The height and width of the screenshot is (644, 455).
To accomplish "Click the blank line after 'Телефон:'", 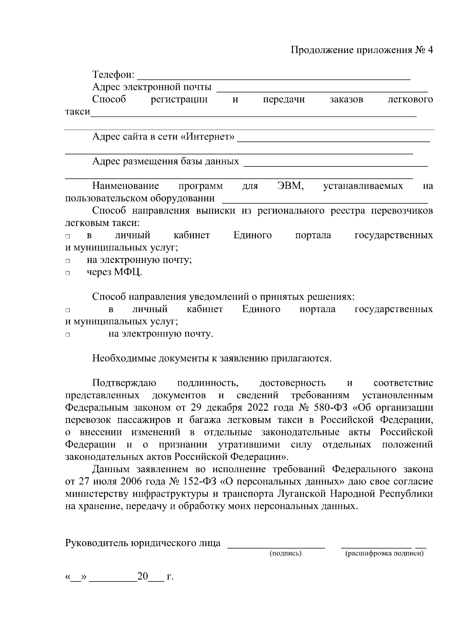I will [x=273, y=76].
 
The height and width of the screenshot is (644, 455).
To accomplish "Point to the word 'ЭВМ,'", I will [x=290, y=186].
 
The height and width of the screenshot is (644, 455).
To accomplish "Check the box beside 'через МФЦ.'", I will [x=67, y=273].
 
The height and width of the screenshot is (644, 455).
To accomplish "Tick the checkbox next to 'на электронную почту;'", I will [x=67, y=261].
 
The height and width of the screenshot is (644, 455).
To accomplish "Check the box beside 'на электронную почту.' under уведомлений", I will [x=67, y=335].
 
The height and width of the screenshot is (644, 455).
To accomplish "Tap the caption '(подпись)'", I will [x=285, y=554].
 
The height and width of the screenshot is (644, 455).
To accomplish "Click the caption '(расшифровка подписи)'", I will [x=384, y=554].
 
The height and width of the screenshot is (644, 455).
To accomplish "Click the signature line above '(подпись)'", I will [x=276, y=547].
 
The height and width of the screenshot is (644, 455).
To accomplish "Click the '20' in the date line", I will [x=143, y=577].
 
